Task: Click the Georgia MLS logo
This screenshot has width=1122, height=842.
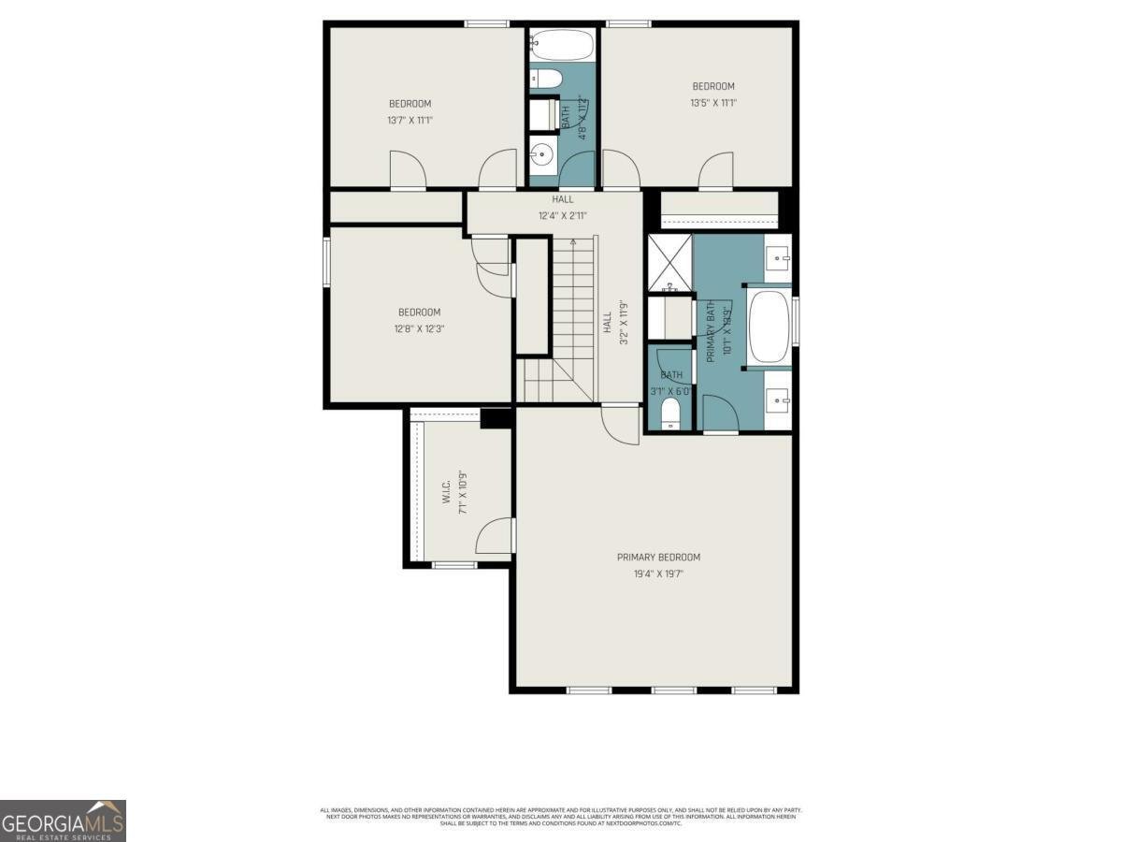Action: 63,820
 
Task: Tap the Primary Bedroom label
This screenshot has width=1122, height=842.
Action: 658,558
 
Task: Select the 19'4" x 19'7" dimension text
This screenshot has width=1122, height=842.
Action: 658,574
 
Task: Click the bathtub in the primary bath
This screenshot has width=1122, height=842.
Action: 770,327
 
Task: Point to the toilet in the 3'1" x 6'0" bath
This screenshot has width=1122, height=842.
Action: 670,414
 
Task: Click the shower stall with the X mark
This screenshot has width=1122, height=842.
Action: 669,261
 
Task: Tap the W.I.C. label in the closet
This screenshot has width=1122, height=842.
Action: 447,493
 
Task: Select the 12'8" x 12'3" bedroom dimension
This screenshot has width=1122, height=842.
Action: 419,328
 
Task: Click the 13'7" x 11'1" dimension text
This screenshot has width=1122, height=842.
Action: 410,120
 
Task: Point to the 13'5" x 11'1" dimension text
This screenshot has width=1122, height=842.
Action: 713,104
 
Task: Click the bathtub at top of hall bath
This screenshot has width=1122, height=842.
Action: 562,44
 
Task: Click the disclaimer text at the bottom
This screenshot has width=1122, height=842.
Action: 561,816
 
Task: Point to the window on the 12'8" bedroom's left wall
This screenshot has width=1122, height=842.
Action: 326,261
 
